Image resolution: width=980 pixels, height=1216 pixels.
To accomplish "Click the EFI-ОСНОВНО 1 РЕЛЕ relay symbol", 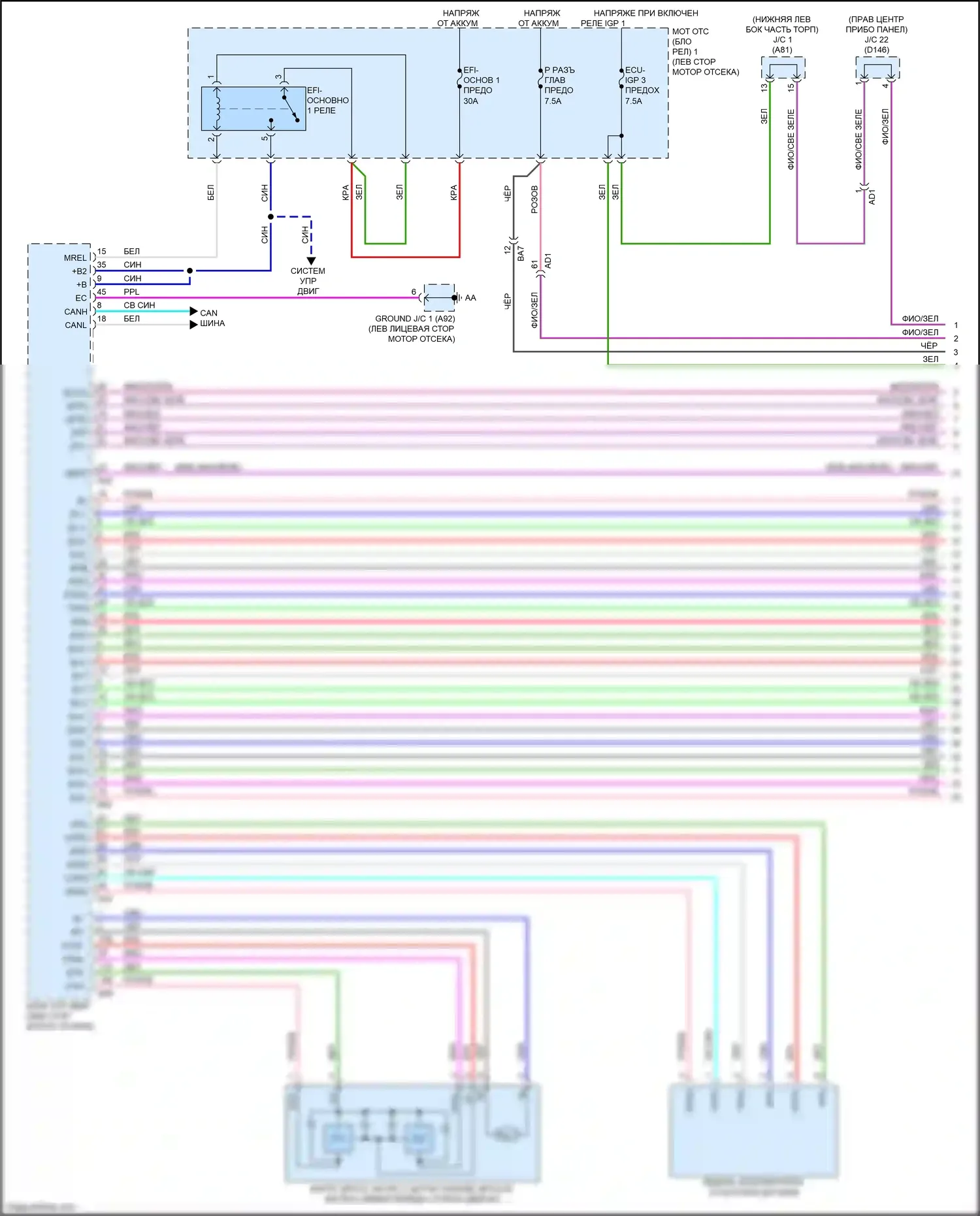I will (x=253, y=108).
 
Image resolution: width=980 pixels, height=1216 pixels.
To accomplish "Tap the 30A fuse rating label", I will (x=470, y=101).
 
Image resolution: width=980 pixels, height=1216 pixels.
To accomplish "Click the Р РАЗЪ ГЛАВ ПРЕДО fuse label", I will (x=559, y=80).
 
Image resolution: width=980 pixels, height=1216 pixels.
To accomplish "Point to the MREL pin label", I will (x=75, y=257).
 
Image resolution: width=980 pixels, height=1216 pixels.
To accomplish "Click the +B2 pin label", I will (x=79, y=271).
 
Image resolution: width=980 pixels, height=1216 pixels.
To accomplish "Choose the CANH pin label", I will (x=76, y=312).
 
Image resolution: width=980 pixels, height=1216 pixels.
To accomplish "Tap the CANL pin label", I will (x=76, y=325).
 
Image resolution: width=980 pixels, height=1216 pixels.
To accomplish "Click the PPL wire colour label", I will (x=131, y=291).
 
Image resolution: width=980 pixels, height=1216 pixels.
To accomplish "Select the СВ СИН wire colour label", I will (x=139, y=305).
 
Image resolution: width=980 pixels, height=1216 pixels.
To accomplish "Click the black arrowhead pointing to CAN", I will (x=193, y=312).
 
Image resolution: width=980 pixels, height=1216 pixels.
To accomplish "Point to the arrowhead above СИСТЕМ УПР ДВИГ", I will (x=311, y=261).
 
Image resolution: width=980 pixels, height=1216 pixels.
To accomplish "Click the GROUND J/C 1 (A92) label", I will (x=415, y=319).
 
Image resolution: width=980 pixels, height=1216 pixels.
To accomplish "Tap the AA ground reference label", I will (x=470, y=298).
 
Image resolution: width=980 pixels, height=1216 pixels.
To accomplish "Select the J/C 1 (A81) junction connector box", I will (x=783, y=67).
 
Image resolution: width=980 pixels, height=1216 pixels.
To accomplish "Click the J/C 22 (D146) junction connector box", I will (x=877, y=67).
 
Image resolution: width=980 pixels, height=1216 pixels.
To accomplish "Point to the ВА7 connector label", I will (x=521, y=254).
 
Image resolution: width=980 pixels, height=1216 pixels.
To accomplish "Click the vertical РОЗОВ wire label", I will (x=534, y=199).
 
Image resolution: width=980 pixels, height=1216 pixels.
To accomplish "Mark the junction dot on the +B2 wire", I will (x=190, y=271).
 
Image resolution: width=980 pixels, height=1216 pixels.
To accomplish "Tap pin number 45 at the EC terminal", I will (x=101, y=291).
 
